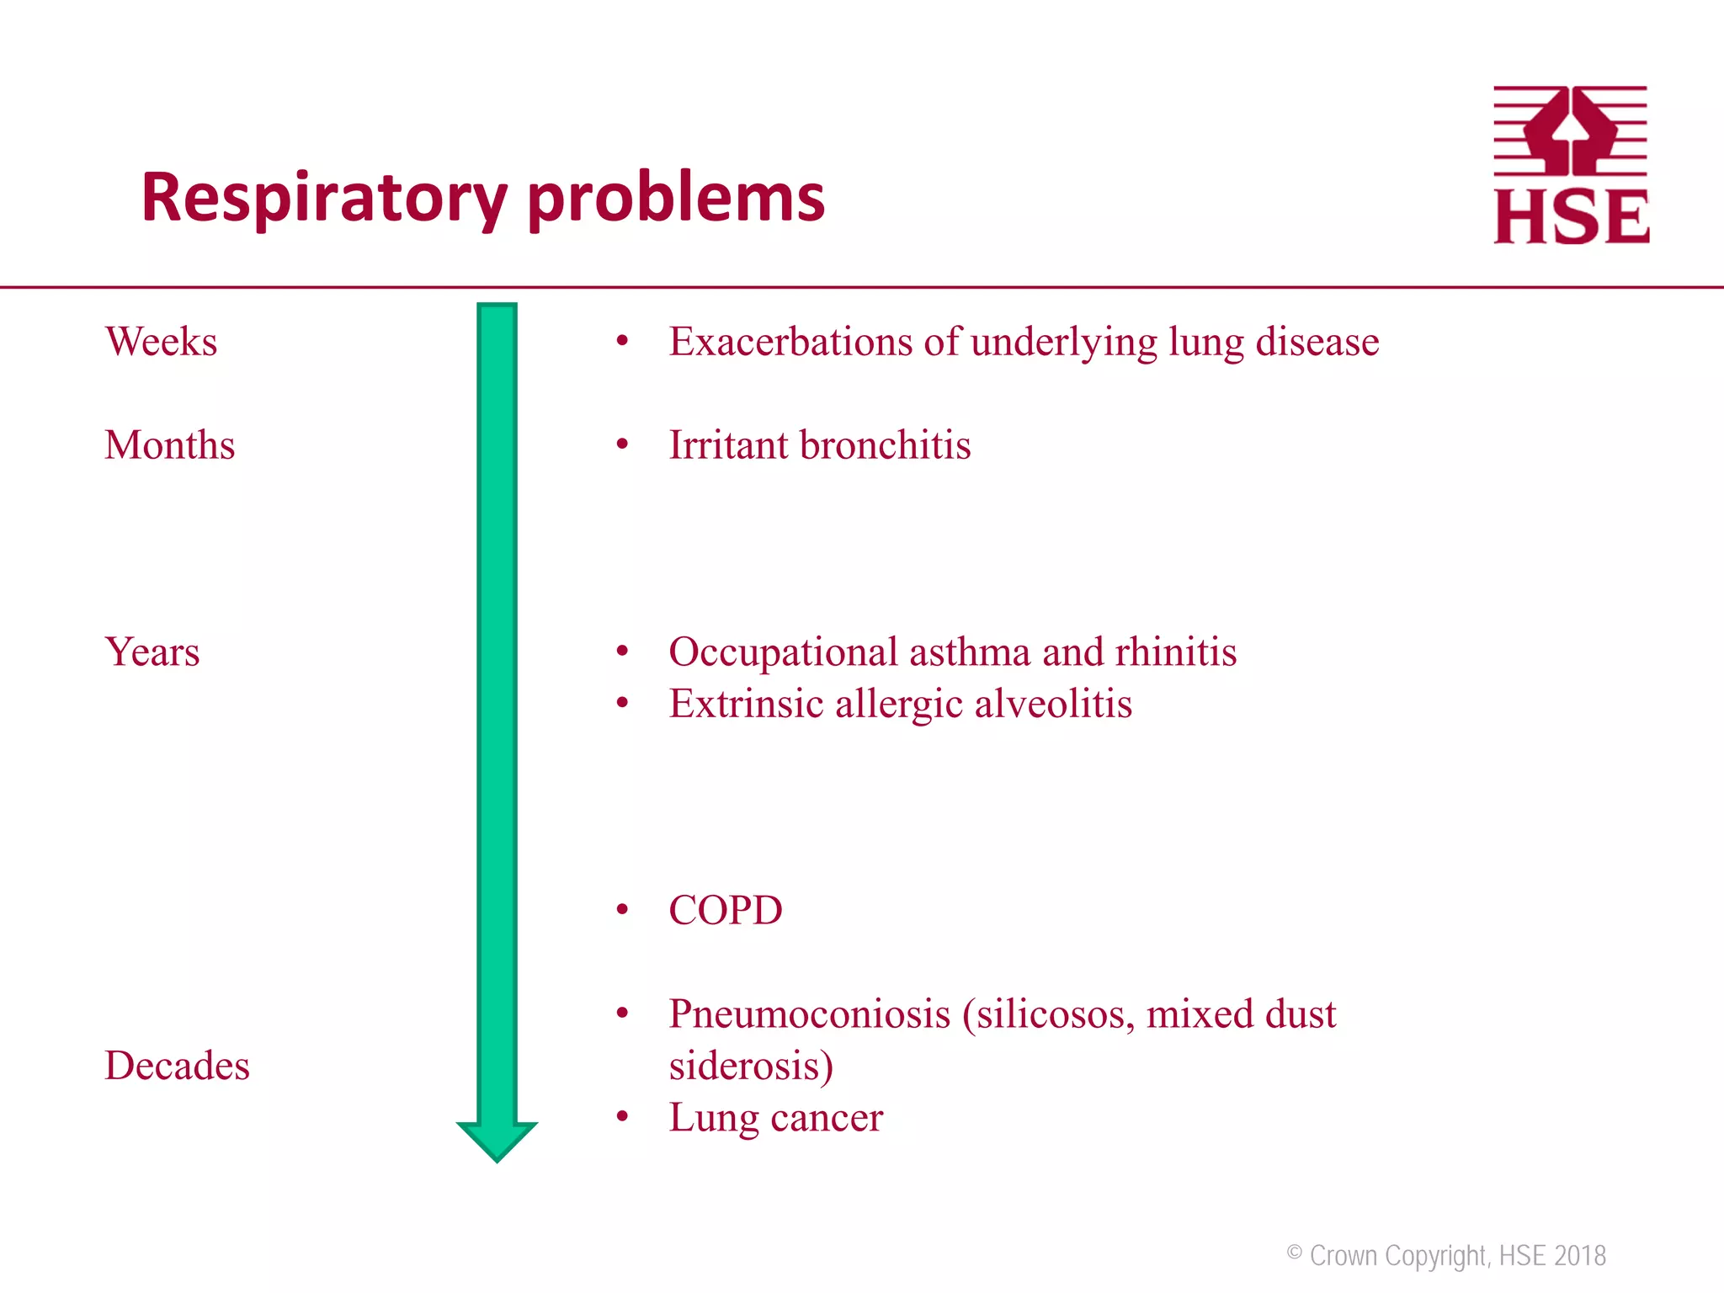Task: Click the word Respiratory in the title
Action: [x=324, y=198]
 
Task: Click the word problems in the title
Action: [x=676, y=198]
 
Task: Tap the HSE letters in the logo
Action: [x=1571, y=217]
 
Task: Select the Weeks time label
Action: [x=161, y=342]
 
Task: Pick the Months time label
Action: [x=169, y=445]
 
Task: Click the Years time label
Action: [x=152, y=652]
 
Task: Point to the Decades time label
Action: [x=177, y=1066]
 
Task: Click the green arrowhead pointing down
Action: [x=497, y=1140]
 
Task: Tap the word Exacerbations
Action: [x=790, y=342]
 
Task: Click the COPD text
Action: [x=725, y=911]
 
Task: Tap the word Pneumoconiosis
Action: [x=810, y=1014]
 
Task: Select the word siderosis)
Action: [x=751, y=1066]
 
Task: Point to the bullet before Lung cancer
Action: [x=622, y=1117]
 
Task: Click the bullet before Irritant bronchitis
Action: [x=622, y=444]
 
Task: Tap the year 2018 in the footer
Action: [x=1580, y=1256]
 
